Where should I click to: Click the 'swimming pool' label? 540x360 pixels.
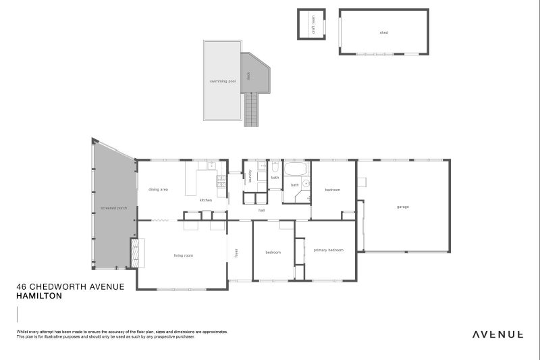(222, 81)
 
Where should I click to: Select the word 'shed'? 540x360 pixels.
(383, 32)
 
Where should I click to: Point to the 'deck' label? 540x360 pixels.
(248, 76)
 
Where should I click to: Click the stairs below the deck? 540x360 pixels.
(252, 110)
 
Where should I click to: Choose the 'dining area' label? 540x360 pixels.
(158, 190)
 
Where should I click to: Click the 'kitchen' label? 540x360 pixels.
(206, 201)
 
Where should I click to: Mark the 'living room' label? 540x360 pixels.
(184, 255)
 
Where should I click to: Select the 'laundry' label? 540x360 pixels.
(250, 175)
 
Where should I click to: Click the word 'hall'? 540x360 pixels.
(261, 211)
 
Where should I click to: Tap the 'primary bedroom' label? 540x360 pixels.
(329, 251)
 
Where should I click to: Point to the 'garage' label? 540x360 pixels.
(403, 207)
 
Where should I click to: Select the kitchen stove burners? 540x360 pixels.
(221, 181)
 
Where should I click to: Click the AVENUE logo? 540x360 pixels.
(497, 334)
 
